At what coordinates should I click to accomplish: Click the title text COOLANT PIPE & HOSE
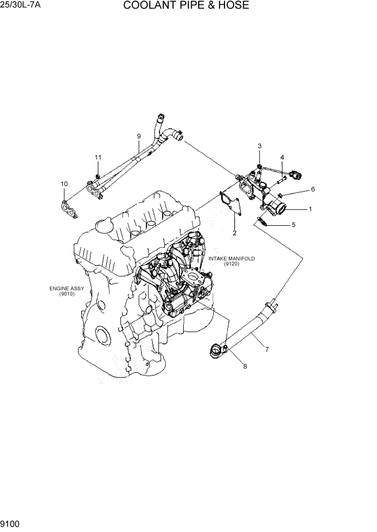tap(186, 6)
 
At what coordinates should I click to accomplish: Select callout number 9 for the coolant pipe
tap(139, 136)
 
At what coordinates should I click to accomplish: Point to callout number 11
tap(98, 157)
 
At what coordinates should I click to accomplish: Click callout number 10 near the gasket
tap(64, 184)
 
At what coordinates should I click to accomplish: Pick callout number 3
tap(259, 146)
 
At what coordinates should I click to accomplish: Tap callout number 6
tap(313, 189)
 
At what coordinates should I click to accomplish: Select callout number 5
tap(293, 225)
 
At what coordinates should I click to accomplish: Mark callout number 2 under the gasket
tap(235, 233)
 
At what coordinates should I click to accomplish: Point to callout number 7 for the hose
tap(267, 349)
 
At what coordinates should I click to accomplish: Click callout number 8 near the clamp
tap(245, 367)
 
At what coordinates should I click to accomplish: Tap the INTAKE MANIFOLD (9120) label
tap(231, 261)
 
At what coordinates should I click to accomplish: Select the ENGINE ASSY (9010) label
tap(67, 291)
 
